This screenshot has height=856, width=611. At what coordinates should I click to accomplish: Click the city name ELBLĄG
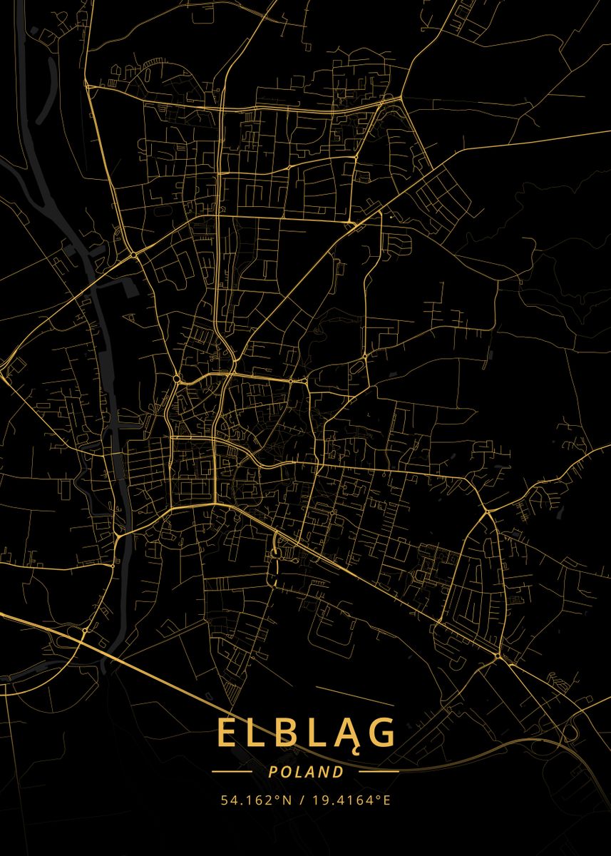[306, 733]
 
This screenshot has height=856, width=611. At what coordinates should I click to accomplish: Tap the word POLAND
[306, 772]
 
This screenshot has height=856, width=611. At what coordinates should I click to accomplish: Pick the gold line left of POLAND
[232, 772]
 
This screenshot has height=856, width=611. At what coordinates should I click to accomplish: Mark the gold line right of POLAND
[379, 772]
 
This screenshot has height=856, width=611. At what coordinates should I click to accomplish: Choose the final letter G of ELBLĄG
[383, 733]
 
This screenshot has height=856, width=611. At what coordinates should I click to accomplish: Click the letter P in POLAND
[273, 772]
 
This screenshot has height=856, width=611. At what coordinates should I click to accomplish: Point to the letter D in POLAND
[338, 772]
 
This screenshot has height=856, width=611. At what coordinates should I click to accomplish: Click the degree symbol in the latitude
[279, 797]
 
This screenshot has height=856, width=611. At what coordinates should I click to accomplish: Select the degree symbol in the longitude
[379, 797]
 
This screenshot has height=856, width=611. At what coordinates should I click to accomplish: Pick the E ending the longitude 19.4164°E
[387, 800]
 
